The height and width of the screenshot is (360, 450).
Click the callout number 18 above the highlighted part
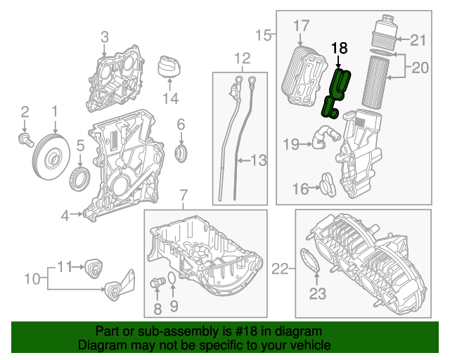tap(339, 48)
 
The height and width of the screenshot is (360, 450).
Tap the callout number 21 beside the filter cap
tap(418, 39)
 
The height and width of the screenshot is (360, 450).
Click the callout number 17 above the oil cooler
tap(301, 25)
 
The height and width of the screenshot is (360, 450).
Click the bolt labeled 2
tap(25, 140)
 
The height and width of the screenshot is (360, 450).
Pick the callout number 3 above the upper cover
tap(104, 37)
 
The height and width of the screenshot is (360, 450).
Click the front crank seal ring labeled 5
tap(80, 176)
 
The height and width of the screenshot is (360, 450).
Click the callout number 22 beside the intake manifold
tap(280, 268)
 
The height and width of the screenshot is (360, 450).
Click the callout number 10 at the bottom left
tap(32, 279)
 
